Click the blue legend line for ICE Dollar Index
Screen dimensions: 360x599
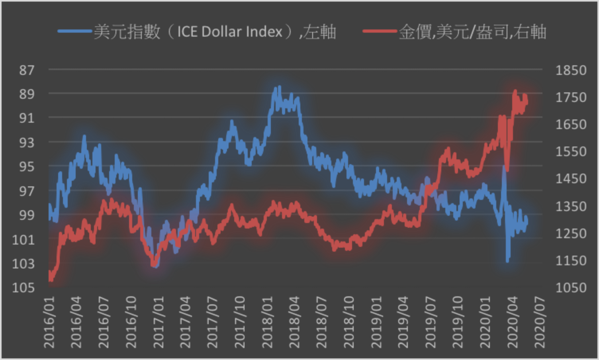[75, 31]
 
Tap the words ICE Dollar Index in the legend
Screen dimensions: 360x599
[229, 31]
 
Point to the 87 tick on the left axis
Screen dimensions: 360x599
[27, 70]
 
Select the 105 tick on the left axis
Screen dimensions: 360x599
[23, 287]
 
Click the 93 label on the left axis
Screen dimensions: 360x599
[27, 142]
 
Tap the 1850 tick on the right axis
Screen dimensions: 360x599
[571, 70]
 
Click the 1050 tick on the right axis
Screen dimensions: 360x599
[571, 287]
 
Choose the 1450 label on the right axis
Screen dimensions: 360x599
[571, 178]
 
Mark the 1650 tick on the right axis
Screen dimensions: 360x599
[571, 124]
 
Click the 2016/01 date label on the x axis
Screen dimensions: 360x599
[49, 322]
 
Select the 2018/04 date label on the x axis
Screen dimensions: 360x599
[294, 322]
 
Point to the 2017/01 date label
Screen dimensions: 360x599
[158, 322]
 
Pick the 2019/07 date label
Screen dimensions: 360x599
[431, 322]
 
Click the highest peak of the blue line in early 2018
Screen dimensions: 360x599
[280, 87]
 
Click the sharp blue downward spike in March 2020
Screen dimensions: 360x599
[507, 261]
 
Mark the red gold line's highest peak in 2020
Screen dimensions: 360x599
[515, 92]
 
